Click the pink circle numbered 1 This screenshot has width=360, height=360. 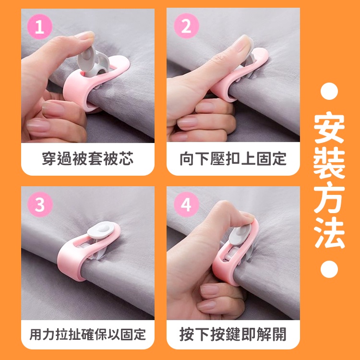(x=40, y=26)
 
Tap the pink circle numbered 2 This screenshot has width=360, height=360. (x=186, y=26)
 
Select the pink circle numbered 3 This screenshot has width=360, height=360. (x=40, y=204)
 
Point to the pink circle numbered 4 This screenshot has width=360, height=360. (x=186, y=204)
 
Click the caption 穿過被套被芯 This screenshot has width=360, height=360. (x=88, y=159)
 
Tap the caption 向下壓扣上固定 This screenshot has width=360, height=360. (x=233, y=159)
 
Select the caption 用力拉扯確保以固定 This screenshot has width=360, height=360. (x=88, y=334)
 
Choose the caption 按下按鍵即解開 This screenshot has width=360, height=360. (x=233, y=334)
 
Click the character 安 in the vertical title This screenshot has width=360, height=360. (x=329, y=128)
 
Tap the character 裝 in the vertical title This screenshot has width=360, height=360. (x=329, y=163)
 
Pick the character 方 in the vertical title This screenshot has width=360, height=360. (x=329, y=198)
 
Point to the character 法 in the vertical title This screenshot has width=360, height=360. (x=329, y=233)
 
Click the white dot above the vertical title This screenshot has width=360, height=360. (x=329, y=91)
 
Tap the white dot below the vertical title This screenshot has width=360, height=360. (x=329, y=269)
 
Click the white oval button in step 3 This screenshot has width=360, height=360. (x=101, y=230)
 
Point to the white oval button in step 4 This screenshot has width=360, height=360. (x=240, y=235)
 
